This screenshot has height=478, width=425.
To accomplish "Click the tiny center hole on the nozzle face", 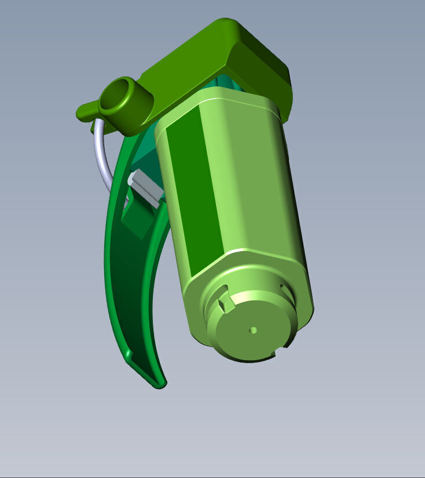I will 253,330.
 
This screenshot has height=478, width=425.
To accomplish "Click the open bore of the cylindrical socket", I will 119,95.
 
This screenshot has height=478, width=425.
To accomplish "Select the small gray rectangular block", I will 145,187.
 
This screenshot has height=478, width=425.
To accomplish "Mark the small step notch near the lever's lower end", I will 130,353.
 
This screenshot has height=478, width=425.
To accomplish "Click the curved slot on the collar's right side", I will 284,288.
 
